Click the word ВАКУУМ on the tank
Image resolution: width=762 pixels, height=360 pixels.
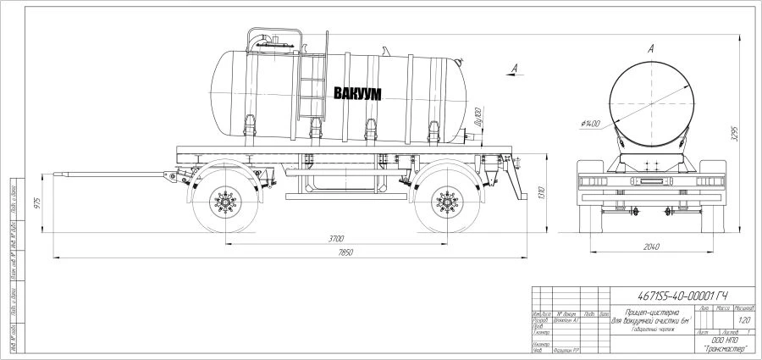click(x=356, y=93)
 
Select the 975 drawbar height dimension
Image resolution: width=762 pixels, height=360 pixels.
click(x=36, y=202)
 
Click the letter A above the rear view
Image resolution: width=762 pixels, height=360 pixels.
click(x=650, y=50)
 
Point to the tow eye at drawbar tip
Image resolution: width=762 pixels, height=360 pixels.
click(x=58, y=175)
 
